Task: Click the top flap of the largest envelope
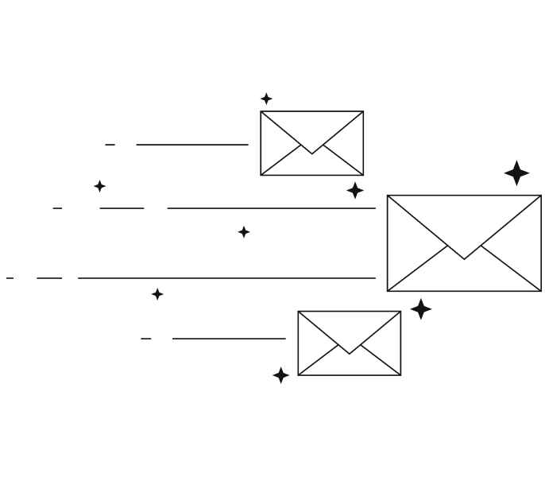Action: pyautogui.click(x=464, y=219)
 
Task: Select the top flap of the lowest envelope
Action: pyautogui.click(x=349, y=326)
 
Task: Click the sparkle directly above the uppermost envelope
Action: pyautogui.click(x=267, y=99)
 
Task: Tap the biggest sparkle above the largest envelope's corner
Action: pyautogui.click(x=516, y=173)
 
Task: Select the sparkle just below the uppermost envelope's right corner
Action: pyautogui.click(x=355, y=191)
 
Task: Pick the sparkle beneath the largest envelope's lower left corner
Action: pyautogui.click(x=421, y=309)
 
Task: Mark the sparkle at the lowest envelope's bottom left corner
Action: pyautogui.click(x=280, y=375)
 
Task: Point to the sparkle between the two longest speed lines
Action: pyautogui.click(x=244, y=232)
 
